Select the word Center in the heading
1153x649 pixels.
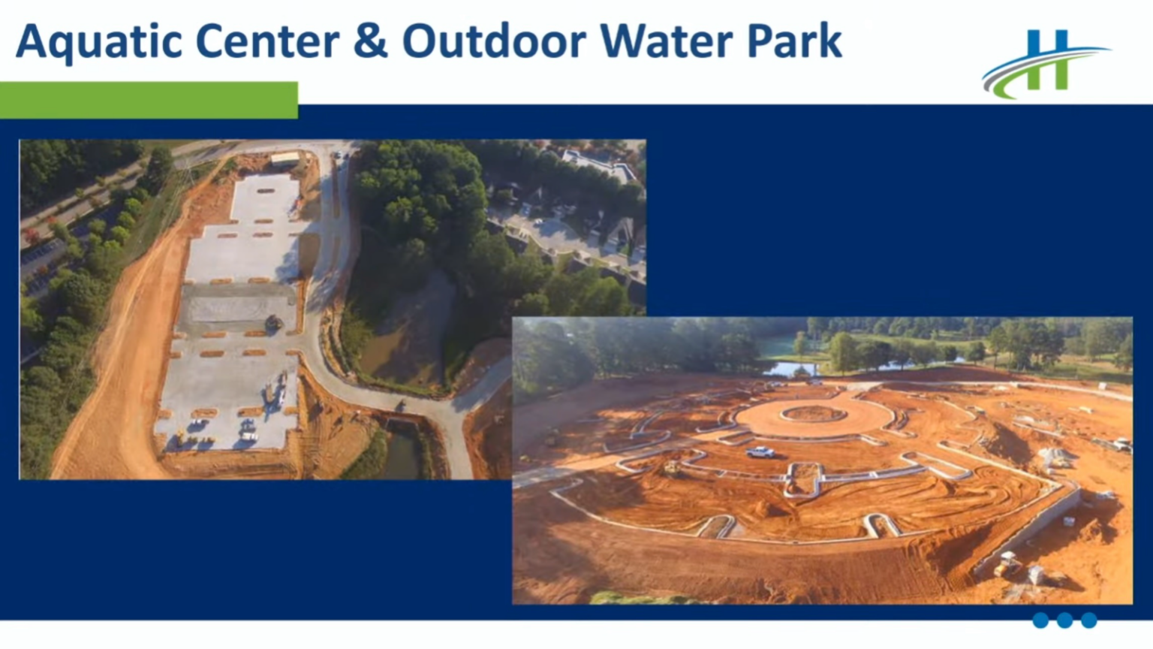click(267, 41)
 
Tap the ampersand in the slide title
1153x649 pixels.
click(371, 41)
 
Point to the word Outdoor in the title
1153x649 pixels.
click(494, 41)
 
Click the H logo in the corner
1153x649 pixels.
click(1045, 64)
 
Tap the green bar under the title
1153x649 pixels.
click(149, 100)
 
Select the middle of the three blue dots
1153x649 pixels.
click(1064, 620)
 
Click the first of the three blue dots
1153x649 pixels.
click(1040, 620)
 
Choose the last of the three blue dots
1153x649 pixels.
click(1088, 620)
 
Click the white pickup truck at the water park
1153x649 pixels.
click(760, 452)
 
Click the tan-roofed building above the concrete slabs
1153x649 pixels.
click(285, 159)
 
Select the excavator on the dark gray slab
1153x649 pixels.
click(273, 324)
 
